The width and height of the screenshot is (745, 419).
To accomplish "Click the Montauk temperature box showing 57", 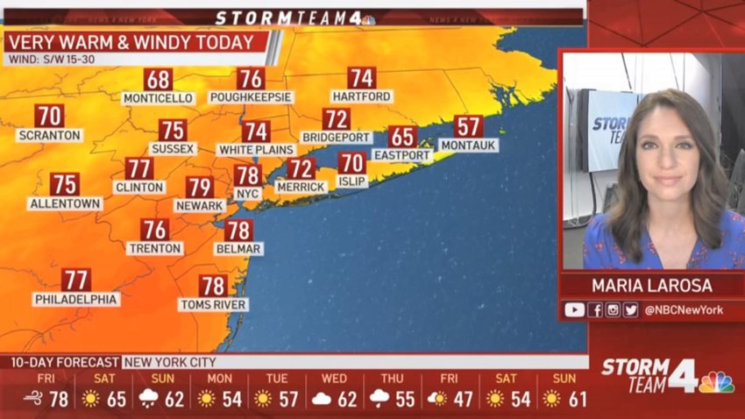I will click(469, 126).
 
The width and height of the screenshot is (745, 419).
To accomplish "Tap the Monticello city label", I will click(158, 97).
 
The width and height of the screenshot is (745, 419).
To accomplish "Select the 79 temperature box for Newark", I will click(199, 187).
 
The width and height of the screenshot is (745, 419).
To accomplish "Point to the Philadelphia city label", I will click(76, 299).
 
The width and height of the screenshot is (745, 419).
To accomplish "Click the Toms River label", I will click(213, 304).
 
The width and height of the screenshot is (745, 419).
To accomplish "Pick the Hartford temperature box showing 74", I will click(361, 78).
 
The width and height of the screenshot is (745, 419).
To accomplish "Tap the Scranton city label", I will click(49, 136).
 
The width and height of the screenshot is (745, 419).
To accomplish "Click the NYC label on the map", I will click(247, 193).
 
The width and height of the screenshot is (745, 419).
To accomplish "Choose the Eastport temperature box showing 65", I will click(402, 137).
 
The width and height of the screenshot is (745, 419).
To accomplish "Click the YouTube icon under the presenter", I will click(574, 309).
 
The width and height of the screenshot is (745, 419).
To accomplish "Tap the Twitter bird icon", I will click(631, 309).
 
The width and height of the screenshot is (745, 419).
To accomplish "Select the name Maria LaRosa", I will click(652, 286).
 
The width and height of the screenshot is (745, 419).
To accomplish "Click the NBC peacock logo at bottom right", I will click(716, 382).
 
